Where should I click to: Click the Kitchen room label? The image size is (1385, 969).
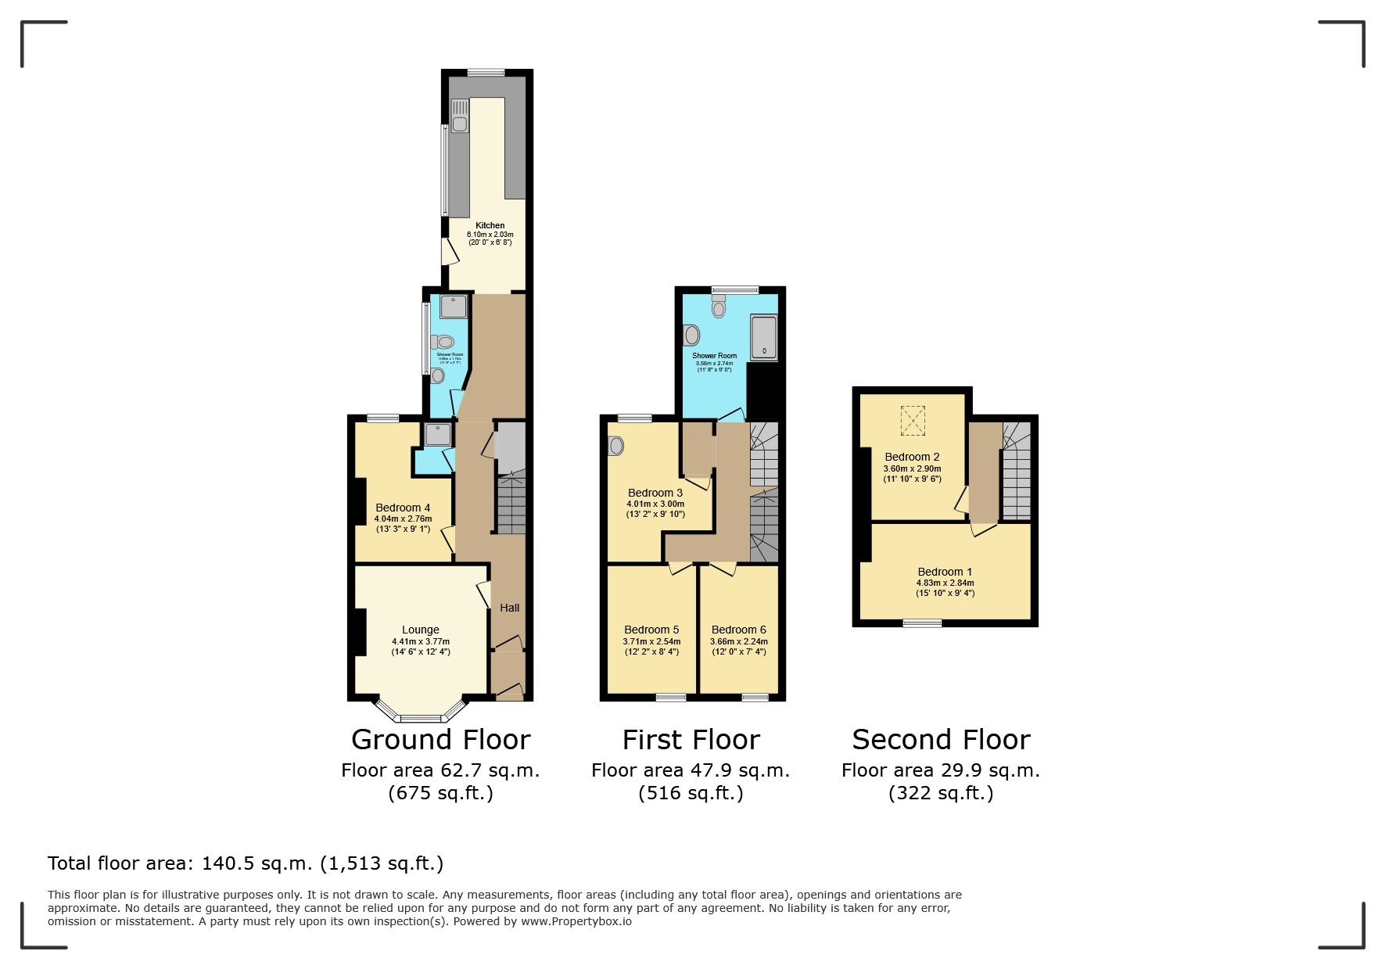(490, 225)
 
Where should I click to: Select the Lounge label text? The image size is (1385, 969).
(421, 630)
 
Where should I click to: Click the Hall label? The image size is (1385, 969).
(510, 608)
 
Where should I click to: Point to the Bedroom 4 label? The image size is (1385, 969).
(403, 508)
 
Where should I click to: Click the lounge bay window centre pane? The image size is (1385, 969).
(422, 717)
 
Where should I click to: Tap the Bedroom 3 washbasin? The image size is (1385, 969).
(616, 446)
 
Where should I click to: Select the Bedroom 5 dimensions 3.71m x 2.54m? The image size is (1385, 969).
(651, 641)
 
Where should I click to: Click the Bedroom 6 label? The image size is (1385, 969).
(738, 630)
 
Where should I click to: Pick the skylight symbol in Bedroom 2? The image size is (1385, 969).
(913, 420)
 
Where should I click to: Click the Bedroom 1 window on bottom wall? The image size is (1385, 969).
(923, 623)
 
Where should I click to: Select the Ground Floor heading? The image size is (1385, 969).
(440, 739)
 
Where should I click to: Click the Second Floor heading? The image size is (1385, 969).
(941, 739)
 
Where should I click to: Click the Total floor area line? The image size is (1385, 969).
(246, 863)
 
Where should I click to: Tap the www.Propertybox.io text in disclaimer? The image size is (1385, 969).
(576, 921)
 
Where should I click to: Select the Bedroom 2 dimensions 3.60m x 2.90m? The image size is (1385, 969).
(912, 469)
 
